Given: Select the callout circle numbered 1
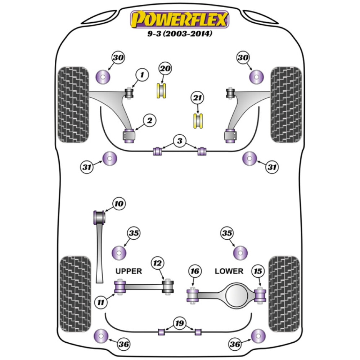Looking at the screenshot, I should coord(142,75).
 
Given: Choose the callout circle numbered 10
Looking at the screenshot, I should coord(119,204).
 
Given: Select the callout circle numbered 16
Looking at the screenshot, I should coord(195,271).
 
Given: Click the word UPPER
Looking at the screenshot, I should coord(129,271).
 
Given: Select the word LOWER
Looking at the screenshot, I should coord(229,271).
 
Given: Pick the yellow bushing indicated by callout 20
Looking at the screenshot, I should coord(162,91).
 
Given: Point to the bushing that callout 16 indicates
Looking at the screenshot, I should coord(193,295).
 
